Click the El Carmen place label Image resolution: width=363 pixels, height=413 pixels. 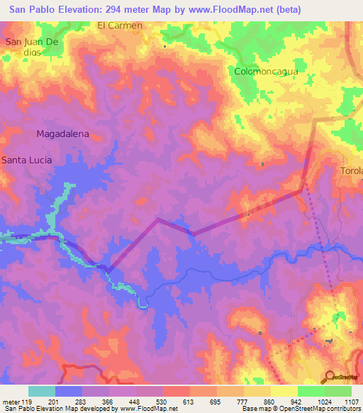(120, 25)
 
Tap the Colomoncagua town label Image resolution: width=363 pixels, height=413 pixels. (266, 72)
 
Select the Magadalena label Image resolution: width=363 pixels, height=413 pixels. (62, 133)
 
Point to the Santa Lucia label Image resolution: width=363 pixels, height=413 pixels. (26, 160)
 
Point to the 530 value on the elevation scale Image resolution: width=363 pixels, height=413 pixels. (162, 401)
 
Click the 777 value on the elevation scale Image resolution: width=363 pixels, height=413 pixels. (243, 401)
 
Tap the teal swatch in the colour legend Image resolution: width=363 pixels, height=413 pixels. (42, 391)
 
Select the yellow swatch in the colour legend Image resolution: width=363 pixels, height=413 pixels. (284, 391)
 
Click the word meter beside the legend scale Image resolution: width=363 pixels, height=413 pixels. (10, 401)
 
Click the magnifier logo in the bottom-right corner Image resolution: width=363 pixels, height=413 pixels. (330, 377)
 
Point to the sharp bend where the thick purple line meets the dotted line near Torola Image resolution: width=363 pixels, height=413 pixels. (303, 189)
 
